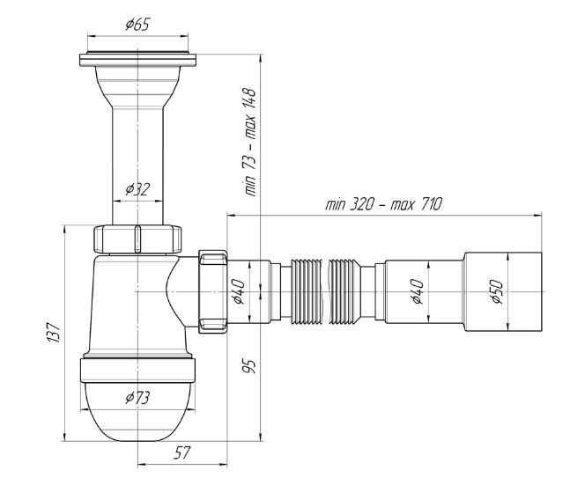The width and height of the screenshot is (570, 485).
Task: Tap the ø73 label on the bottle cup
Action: [137, 397]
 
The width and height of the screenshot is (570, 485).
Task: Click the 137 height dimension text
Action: [54, 333]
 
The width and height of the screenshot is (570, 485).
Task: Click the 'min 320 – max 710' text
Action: [383, 203]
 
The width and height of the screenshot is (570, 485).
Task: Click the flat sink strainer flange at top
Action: [137, 59]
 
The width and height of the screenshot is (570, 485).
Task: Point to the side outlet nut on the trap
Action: [213, 290]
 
